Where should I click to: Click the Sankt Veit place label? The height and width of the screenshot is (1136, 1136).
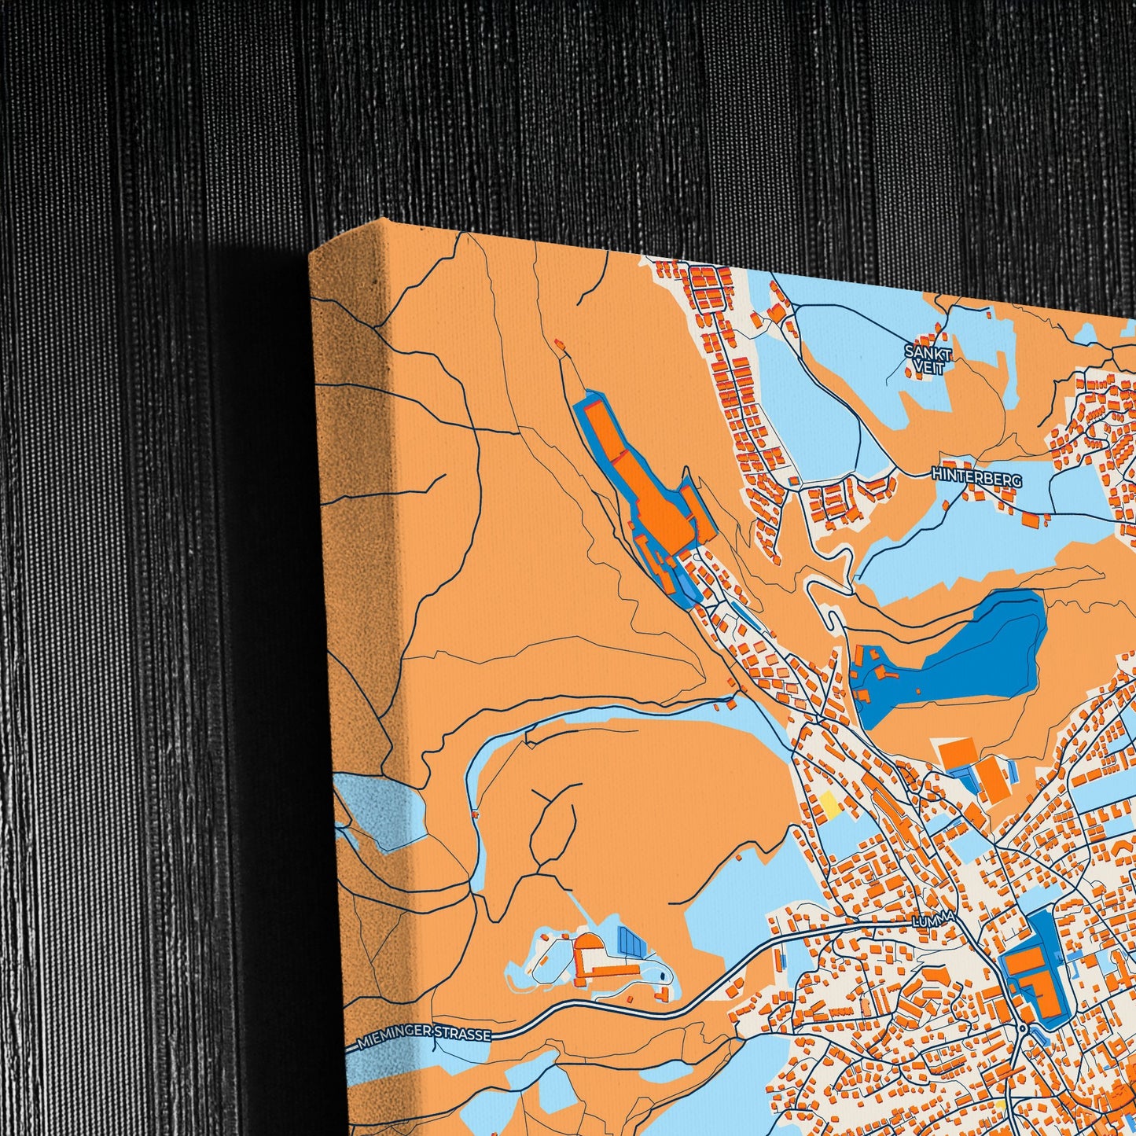(928, 359)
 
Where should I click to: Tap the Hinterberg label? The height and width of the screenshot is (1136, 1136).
(976, 476)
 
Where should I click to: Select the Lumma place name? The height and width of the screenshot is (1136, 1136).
(932, 919)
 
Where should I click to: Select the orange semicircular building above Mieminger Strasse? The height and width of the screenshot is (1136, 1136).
(586, 946)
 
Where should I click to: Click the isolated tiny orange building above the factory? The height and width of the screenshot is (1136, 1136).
(559, 343)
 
